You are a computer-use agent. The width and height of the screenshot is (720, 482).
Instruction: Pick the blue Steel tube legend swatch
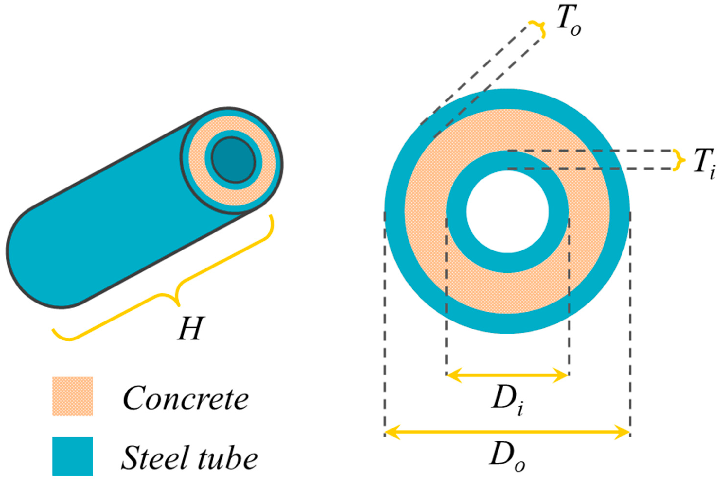click(72, 456)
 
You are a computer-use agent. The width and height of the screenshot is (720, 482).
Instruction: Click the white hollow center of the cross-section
click(507, 212)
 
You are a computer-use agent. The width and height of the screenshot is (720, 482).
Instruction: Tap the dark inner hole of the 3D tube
click(233, 160)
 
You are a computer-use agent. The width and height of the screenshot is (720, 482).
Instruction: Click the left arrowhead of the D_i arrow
click(453, 375)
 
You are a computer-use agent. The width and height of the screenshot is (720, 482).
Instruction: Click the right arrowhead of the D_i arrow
click(561, 375)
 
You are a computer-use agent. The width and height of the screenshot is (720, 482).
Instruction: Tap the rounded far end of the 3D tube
click(37, 258)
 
